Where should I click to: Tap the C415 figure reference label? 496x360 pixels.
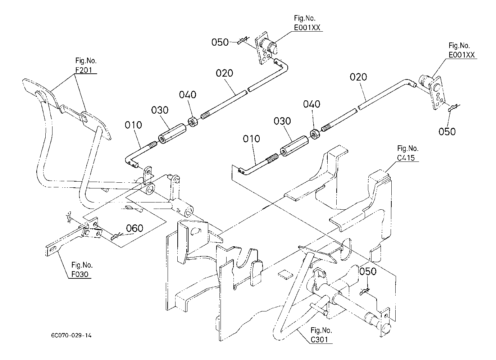[x=408, y=157]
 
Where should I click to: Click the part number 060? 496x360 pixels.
[x=134, y=228]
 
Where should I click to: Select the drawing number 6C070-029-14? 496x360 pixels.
[x=71, y=336]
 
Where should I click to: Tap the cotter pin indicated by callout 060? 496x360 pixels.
[x=116, y=236]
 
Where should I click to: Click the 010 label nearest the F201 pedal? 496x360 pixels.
[x=133, y=125]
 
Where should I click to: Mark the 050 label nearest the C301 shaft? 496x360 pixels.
[x=368, y=271]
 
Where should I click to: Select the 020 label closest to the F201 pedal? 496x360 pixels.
[x=224, y=73]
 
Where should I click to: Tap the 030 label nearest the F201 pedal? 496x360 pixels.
[x=160, y=110]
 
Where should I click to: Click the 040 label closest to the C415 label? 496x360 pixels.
[x=311, y=104]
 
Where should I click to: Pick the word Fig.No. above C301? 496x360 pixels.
[x=322, y=330]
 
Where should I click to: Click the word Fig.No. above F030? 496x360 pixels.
[x=82, y=265]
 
